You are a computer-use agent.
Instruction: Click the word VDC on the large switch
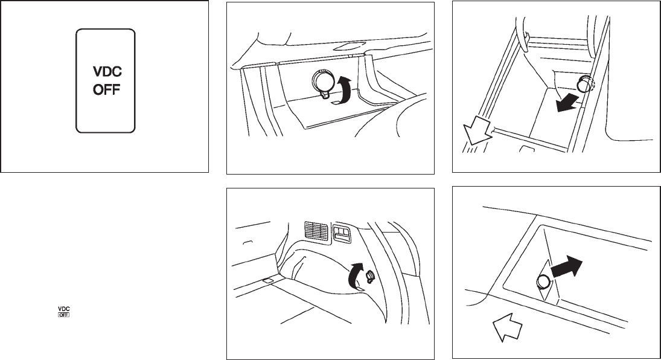(x=107, y=72)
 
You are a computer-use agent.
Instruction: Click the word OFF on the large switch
(x=107, y=89)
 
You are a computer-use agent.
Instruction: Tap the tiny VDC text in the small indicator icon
(x=63, y=309)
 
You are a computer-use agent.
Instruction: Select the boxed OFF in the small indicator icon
(x=63, y=315)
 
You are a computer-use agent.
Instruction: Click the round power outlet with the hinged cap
(x=322, y=81)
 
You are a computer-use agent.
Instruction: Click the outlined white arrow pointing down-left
(x=476, y=131)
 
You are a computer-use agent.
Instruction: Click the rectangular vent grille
(x=316, y=232)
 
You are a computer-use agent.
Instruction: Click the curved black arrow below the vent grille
(x=356, y=277)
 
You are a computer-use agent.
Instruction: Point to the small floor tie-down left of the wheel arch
(x=268, y=280)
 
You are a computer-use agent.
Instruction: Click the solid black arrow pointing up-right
(x=566, y=267)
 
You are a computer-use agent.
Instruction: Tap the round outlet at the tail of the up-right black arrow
(x=543, y=281)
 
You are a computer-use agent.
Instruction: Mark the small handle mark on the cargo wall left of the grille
(x=248, y=242)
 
